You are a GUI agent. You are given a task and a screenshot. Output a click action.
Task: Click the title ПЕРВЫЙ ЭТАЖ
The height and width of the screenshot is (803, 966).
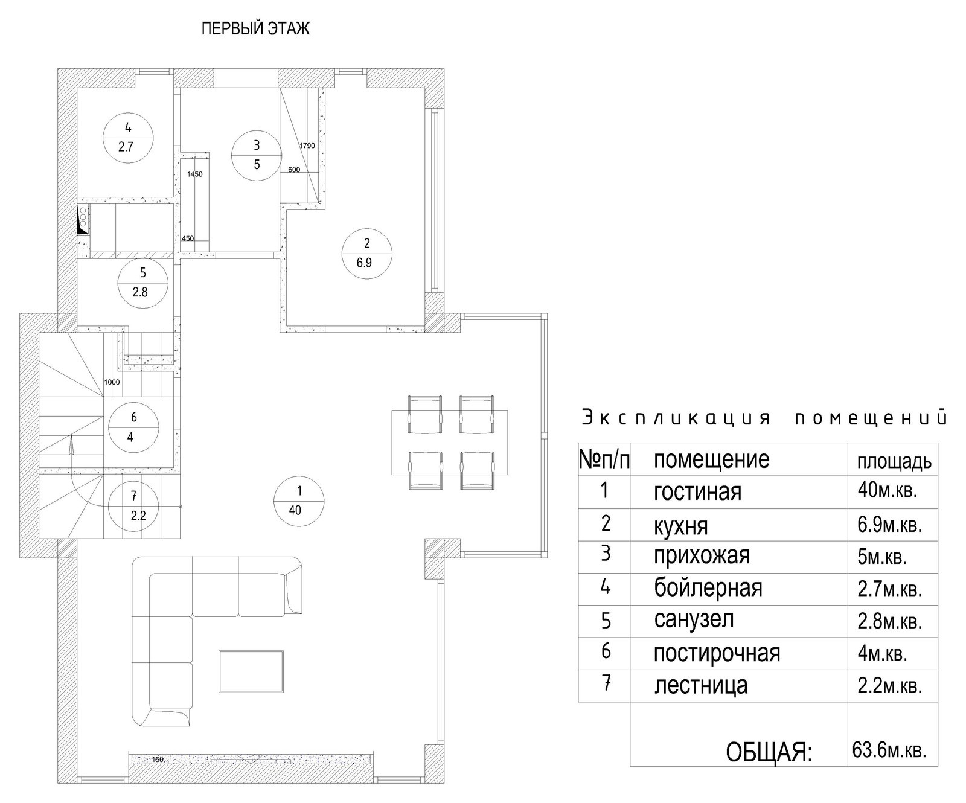255,29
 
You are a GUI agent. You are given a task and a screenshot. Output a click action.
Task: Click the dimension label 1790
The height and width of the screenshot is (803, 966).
307,146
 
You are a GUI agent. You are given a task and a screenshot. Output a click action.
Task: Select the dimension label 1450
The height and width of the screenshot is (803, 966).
195,174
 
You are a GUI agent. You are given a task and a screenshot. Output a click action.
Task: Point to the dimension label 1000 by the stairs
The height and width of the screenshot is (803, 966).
112,382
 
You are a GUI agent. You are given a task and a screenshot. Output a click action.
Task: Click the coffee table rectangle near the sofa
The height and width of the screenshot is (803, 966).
251,671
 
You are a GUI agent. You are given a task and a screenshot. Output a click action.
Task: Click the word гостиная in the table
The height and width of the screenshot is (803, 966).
697,492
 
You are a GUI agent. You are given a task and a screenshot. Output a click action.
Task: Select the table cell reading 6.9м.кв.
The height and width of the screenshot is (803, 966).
889,524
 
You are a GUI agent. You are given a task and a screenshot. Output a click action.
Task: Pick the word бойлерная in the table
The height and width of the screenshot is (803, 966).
708,587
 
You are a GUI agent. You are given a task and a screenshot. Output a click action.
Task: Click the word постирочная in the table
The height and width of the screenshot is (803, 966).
717,653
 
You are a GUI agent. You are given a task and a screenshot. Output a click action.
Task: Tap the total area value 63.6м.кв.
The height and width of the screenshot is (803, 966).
889,750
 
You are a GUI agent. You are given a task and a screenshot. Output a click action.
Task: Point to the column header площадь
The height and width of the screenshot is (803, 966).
894,462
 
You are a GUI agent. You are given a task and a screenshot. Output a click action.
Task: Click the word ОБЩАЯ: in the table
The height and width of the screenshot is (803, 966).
769,752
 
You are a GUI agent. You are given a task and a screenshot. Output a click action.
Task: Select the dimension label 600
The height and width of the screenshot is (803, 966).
294,170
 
